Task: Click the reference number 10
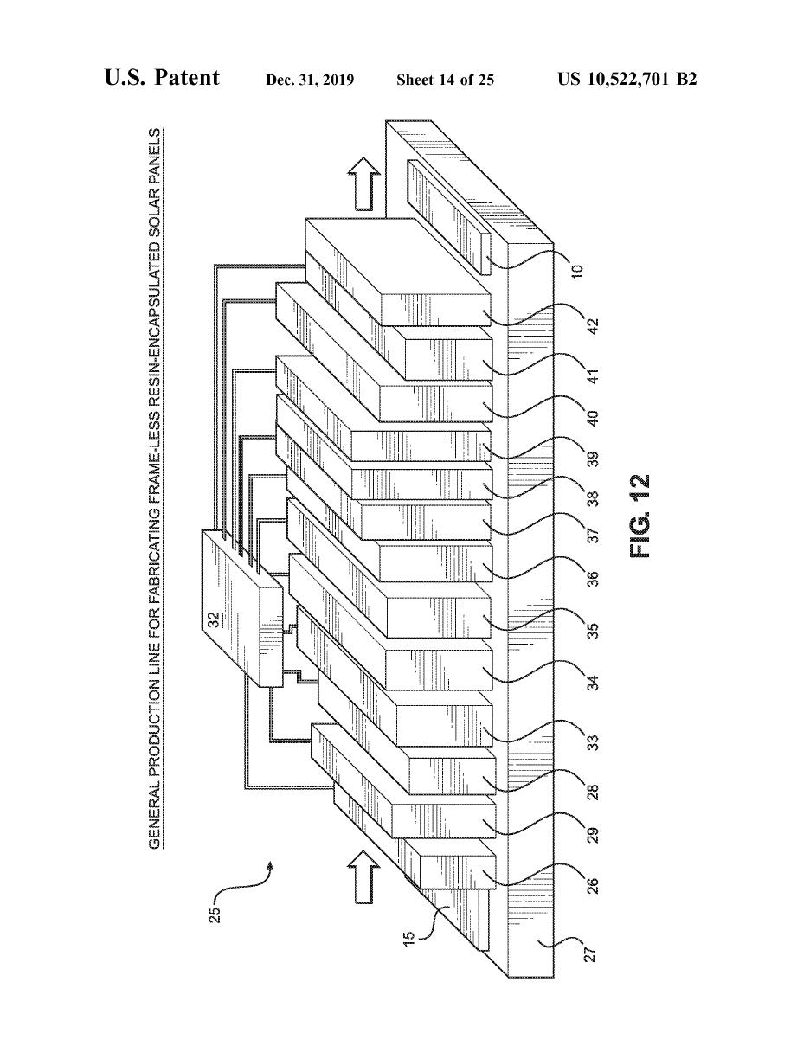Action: pos(578,269)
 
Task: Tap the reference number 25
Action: pos(216,914)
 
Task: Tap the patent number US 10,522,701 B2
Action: pos(627,80)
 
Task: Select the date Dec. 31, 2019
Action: pos(310,80)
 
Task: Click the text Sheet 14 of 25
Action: pos(445,80)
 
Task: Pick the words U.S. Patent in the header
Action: pos(162,79)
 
